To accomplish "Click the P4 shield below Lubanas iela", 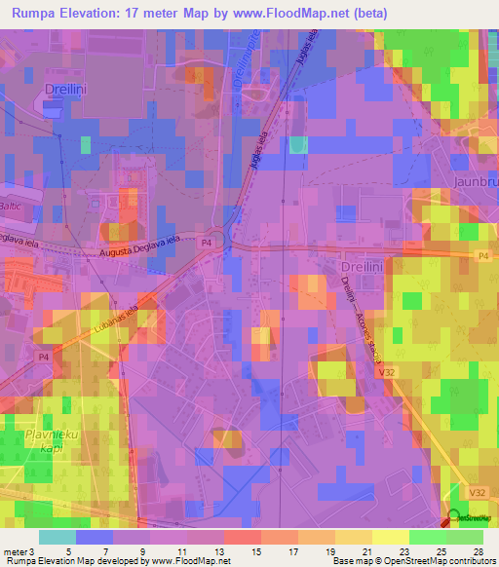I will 42,359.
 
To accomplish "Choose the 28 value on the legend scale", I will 478,550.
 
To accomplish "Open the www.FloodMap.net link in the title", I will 298,14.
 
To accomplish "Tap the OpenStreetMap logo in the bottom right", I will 471,519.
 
